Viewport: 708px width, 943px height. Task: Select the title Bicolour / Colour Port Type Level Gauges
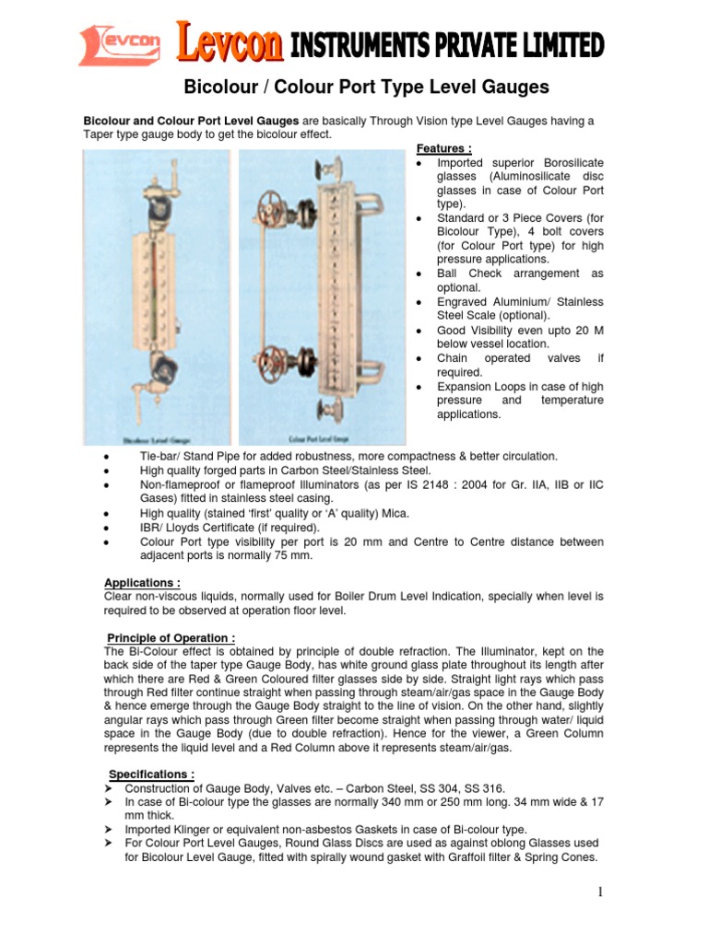(367, 87)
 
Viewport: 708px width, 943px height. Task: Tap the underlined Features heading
(444, 148)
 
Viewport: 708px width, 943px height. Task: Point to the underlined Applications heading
(142, 583)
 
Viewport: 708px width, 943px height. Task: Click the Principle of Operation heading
(171, 638)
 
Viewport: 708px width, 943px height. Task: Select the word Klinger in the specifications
(193, 829)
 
